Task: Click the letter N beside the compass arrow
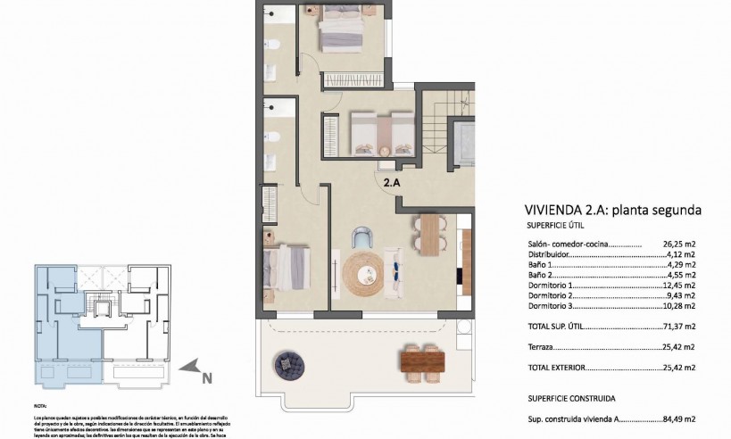coord(207,377)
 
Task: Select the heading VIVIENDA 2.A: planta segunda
coord(612,211)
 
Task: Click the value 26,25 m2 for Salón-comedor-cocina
coord(679,242)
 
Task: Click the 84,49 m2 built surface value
coord(679,418)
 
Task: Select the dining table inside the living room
coord(430,236)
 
